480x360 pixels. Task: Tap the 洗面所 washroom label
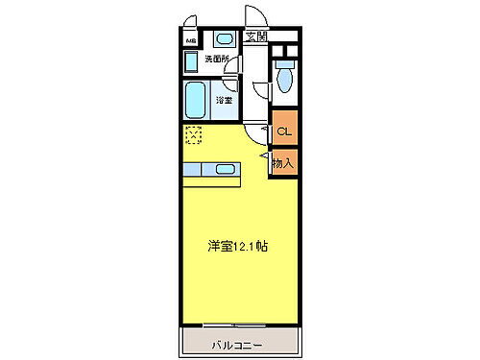(x=218, y=60)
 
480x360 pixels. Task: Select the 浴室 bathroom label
(x=224, y=100)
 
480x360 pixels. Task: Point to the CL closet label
(x=284, y=131)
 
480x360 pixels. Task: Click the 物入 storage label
(x=284, y=163)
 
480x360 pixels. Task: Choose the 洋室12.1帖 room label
(x=237, y=246)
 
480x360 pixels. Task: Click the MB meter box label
(x=190, y=41)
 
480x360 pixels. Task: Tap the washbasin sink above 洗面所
(x=223, y=39)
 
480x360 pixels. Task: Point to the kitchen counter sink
(x=226, y=169)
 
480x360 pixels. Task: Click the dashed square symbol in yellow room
(x=193, y=134)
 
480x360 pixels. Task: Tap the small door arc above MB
(x=192, y=23)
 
